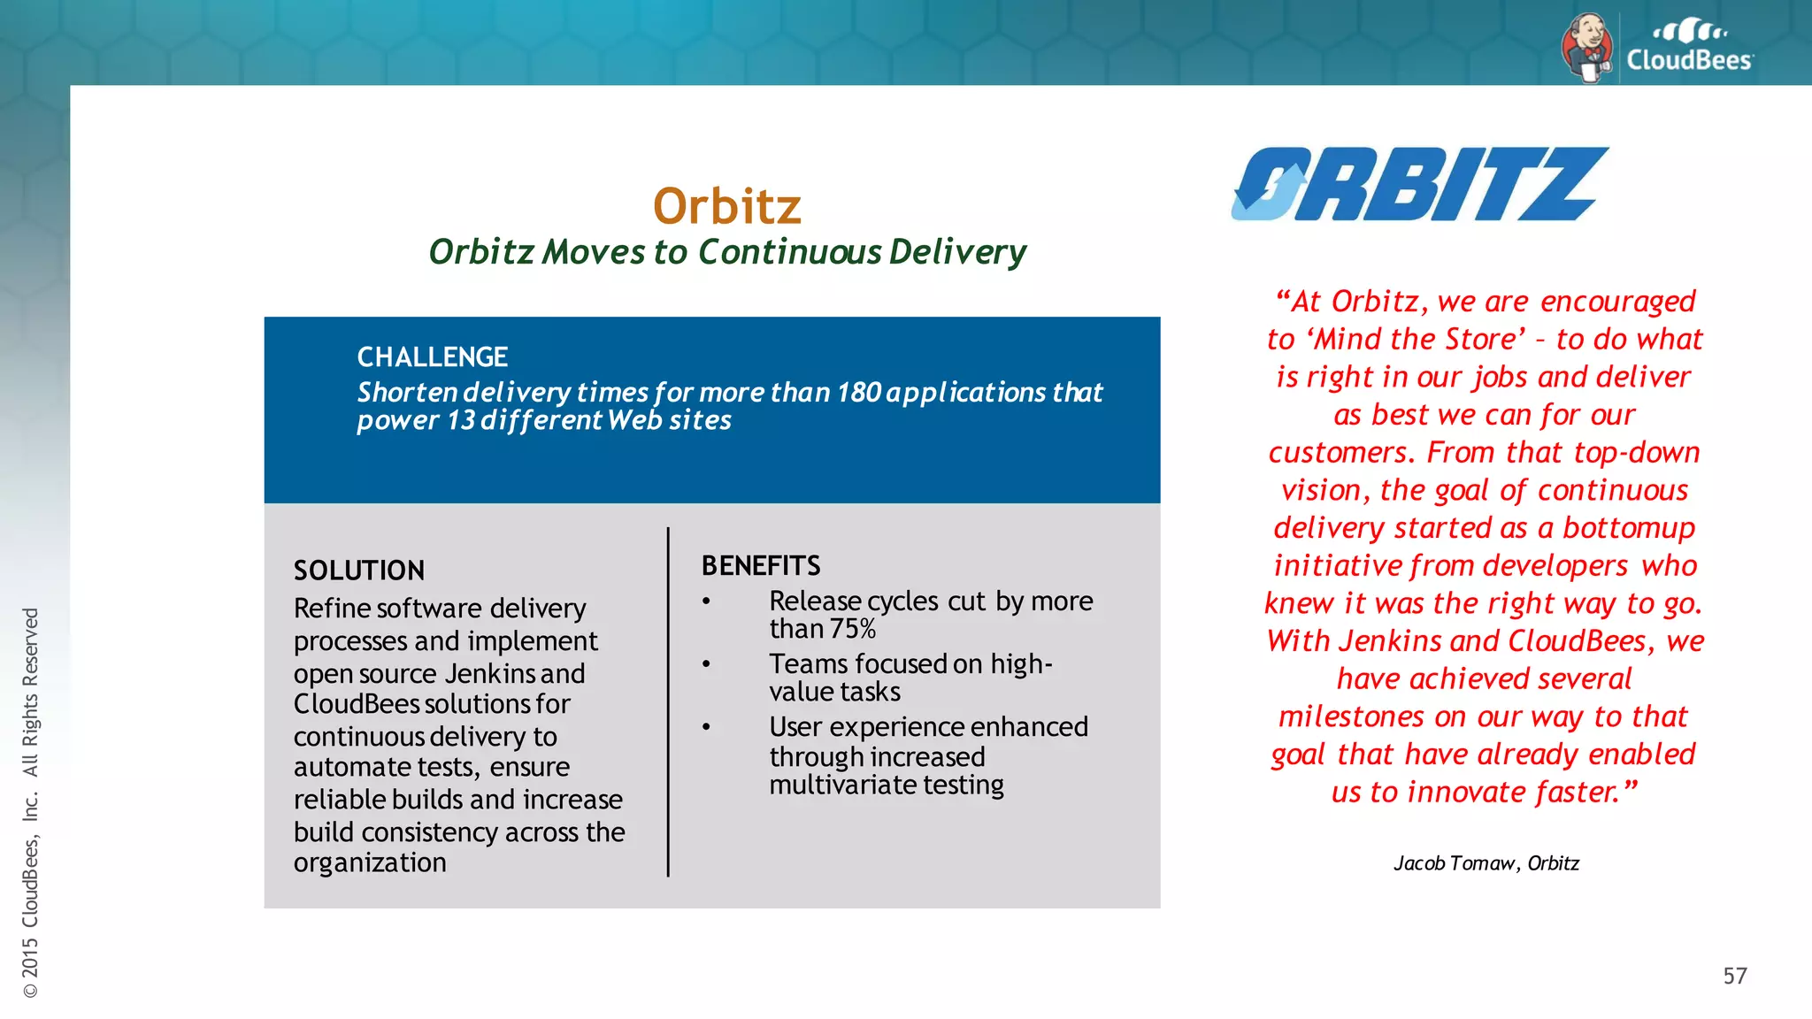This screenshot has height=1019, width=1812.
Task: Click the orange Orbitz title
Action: point(726,206)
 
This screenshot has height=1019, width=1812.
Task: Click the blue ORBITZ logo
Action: point(1419,184)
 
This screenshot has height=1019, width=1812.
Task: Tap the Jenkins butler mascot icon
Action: point(1587,48)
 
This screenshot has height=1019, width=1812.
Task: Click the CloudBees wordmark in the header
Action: point(1689,60)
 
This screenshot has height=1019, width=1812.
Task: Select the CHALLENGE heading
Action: point(432,356)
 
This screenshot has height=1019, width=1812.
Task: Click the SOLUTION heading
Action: point(359,571)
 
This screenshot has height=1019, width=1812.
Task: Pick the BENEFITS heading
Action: point(761,565)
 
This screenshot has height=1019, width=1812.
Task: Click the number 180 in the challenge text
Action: point(858,392)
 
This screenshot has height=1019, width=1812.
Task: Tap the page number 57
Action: point(1734,976)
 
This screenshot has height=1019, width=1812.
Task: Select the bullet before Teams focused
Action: point(706,664)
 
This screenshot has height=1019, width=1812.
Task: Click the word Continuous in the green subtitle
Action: point(789,252)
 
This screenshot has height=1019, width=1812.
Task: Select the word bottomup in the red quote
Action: point(1628,528)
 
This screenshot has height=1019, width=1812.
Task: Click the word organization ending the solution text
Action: point(370,862)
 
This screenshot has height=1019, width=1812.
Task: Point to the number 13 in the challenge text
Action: point(461,420)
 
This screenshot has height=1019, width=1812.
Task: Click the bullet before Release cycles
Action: point(706,601)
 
